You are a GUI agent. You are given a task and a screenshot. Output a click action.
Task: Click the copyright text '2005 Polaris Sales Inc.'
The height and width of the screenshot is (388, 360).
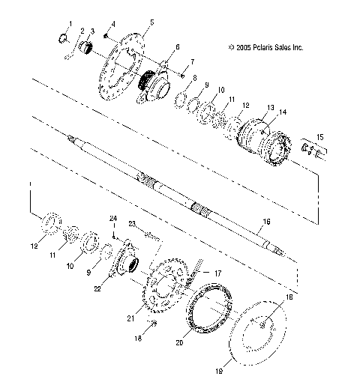point(265,47)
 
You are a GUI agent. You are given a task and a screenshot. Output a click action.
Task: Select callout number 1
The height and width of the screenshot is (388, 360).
point(70,25)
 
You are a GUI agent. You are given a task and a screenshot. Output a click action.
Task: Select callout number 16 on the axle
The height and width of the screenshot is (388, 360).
point(265,222)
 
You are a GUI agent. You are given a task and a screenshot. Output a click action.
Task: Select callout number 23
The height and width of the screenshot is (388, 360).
point(131,224)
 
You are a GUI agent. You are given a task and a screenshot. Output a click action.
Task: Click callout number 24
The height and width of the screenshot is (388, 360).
point(115,219)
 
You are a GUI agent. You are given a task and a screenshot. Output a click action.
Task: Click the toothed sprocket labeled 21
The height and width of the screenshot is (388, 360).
point(171,288)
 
